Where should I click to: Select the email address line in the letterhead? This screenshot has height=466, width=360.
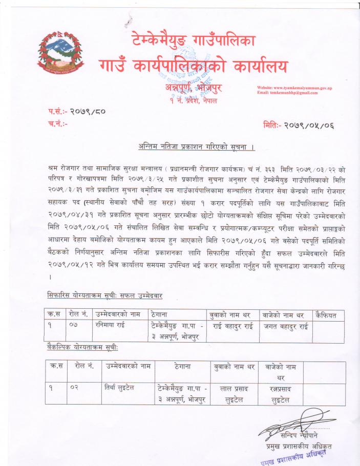pyautogui.click(x=287, y=93)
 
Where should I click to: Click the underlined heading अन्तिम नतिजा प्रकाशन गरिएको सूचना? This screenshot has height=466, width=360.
pyautogui.click(x=197, y=147)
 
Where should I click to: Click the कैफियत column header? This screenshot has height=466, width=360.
pyautogui.click(x=327, y=315)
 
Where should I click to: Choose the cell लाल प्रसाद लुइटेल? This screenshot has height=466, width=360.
pyautogui.click(x=234, y=394)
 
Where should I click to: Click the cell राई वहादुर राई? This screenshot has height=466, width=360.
pyautogui.click(x=232, y=325)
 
